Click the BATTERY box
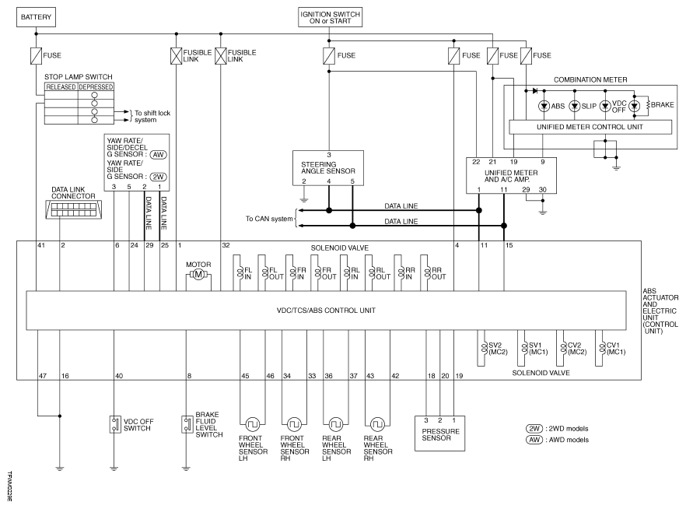click(36, 17)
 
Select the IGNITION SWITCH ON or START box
click(331, 17)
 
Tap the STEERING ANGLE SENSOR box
click(328, 168)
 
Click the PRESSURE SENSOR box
click(439, 434)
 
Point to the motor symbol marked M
click(198, 275)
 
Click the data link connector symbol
click(73, 209)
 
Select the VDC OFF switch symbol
click(115, 424)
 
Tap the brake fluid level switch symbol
click(187, 424)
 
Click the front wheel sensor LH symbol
click(253, 424)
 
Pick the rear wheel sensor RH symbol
click(377, 424)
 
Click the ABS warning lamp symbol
click(544, 106)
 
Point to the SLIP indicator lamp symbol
click(575, 106)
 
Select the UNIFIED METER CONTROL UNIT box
click(590, 127)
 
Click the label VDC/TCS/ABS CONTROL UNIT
click(326, 311)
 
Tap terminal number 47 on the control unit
click(43, 375)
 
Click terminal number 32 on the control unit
click(226, 245)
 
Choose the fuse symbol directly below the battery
click(36, 55)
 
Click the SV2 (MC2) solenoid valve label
click(498, 349)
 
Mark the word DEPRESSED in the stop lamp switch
click(96, 87)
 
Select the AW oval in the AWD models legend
click(534, 440)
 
